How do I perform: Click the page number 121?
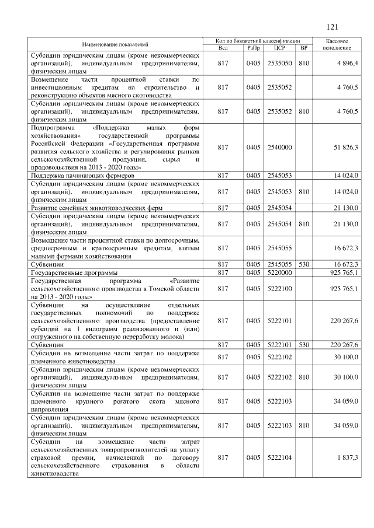tap(333, 26)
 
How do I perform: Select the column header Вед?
tap(222, 48)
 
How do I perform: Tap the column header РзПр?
tap(253, 48)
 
